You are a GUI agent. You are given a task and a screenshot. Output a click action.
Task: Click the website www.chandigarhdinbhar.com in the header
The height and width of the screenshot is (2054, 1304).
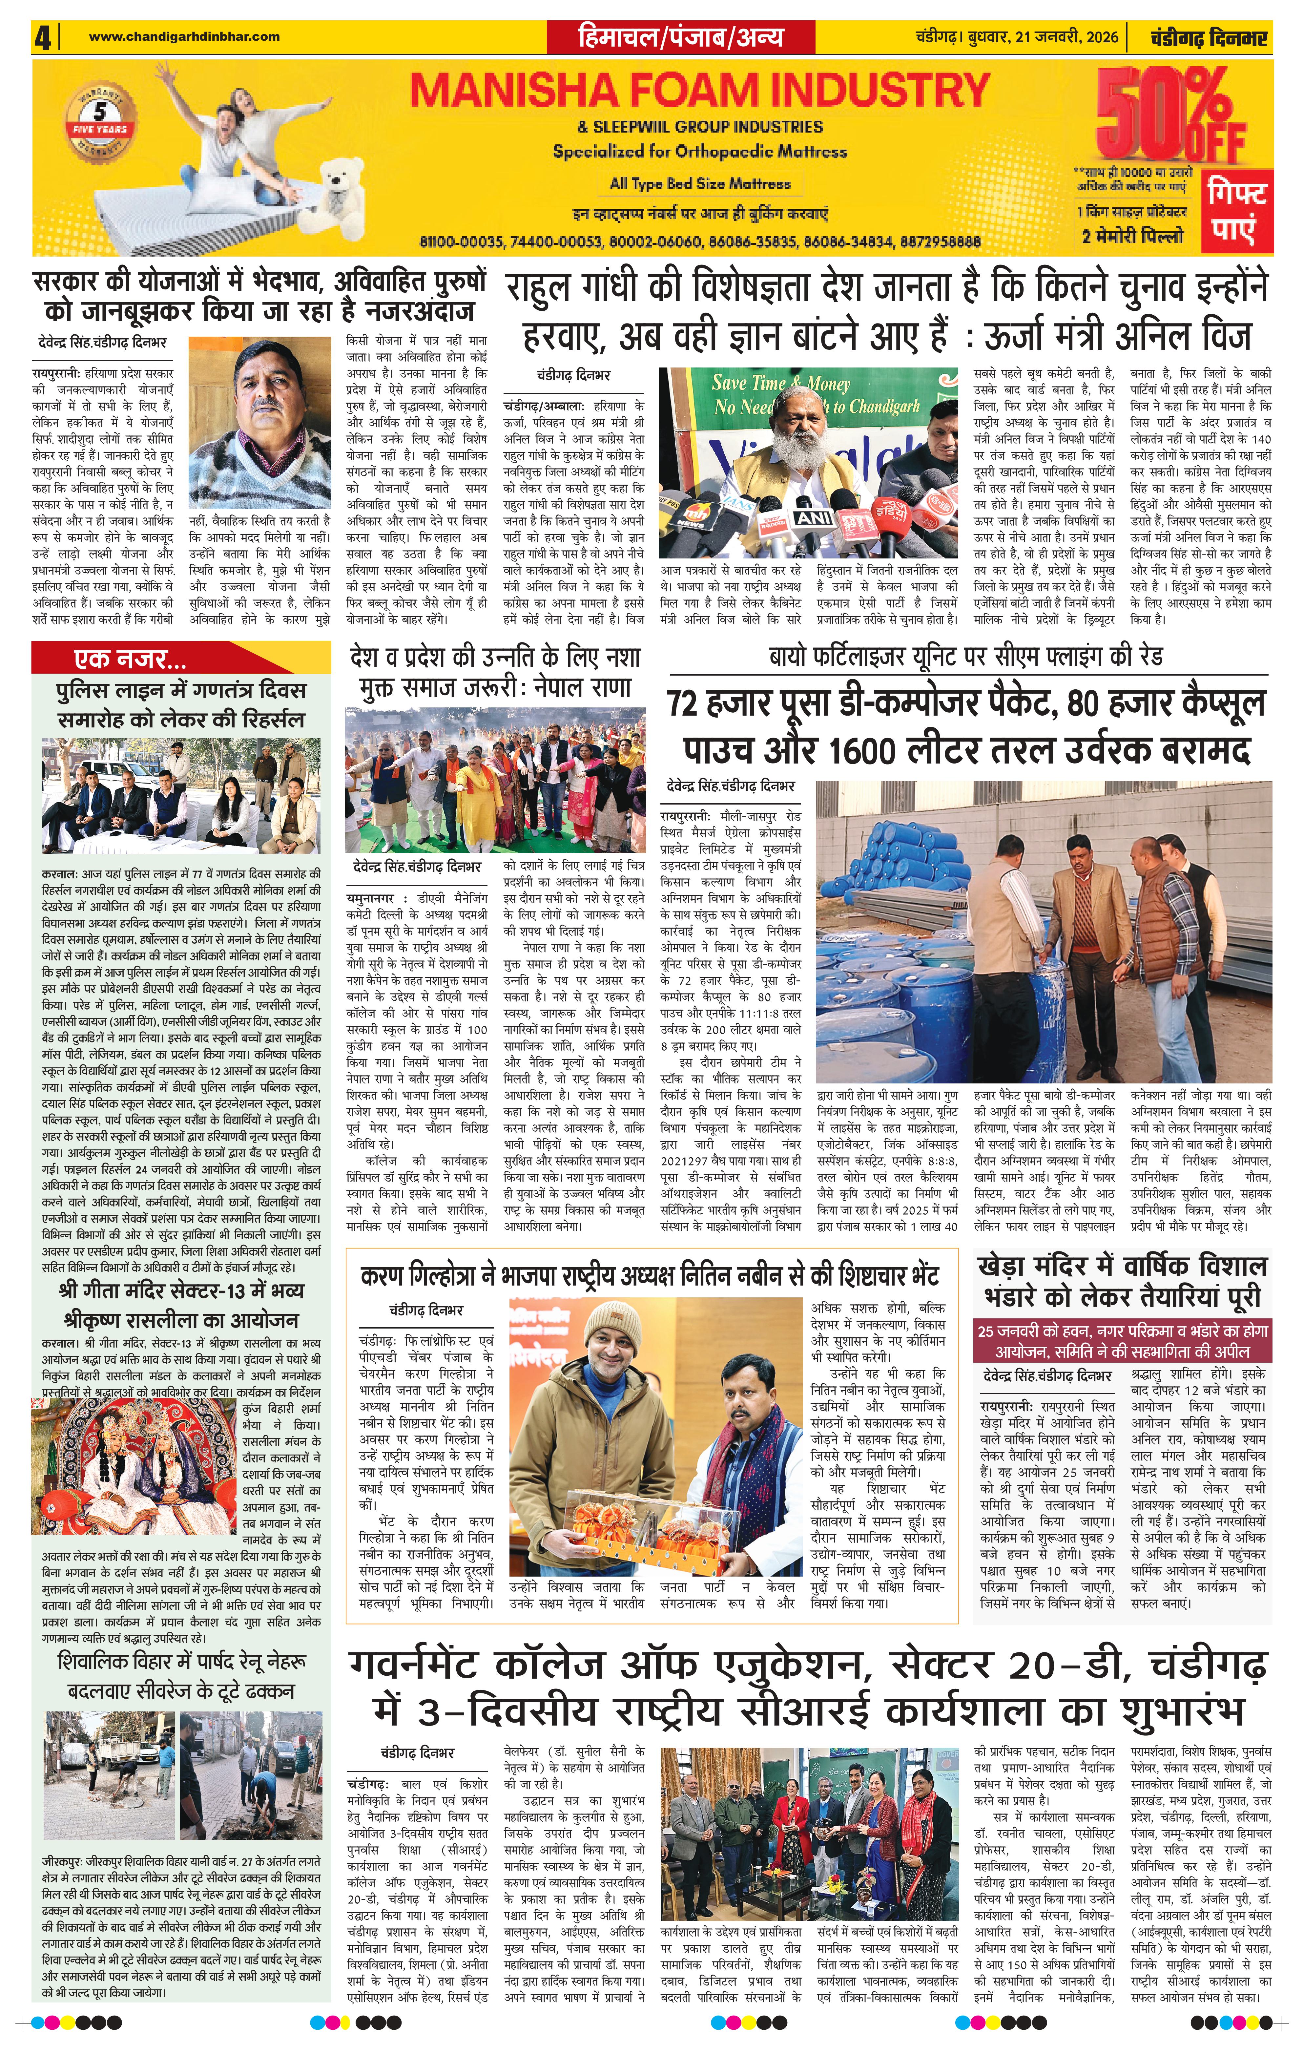pyautogui.click(x=183, y=37)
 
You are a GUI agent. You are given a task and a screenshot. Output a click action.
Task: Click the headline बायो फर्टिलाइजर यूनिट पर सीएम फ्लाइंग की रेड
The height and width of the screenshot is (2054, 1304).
pyautogui.click(x=965, y=658)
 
